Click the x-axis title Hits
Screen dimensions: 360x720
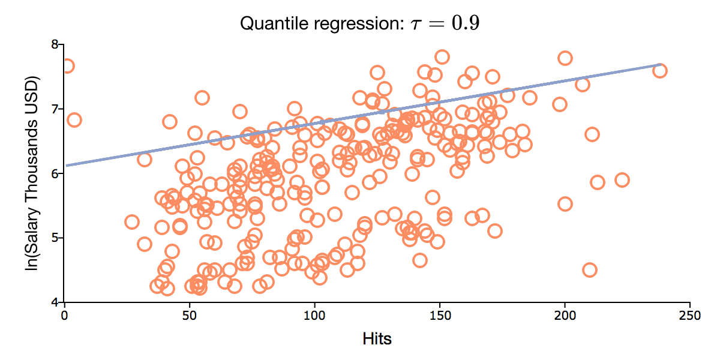[377, 339]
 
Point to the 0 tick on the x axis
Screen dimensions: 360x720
[64, 314]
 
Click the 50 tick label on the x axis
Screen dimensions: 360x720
[190, 314]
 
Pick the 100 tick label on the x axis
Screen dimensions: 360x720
[314, 314]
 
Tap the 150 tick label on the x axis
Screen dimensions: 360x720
[440, 314]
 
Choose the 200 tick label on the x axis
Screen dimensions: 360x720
[565, 314]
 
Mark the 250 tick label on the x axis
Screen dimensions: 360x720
[689, 314]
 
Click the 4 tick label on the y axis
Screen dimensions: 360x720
[56, 302]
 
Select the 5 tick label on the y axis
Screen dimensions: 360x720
[56, 238]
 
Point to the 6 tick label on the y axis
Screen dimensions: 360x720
[56, 174]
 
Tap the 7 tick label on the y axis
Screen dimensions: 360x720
[56, 109]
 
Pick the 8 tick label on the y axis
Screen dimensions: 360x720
[56, 45]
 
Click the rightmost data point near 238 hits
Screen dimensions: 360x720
[659, 71]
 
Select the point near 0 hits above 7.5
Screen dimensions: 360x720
[67, 66]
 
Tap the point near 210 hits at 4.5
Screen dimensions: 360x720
[589, 270]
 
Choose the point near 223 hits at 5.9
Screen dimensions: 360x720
[622, 180]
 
